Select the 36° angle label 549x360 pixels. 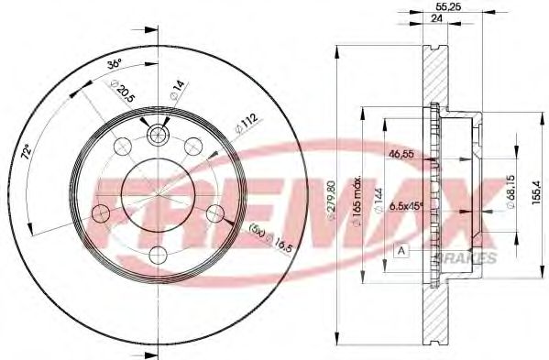point(114,65)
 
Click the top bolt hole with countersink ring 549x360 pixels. point(158,135)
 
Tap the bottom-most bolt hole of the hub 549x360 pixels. point(158,254)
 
